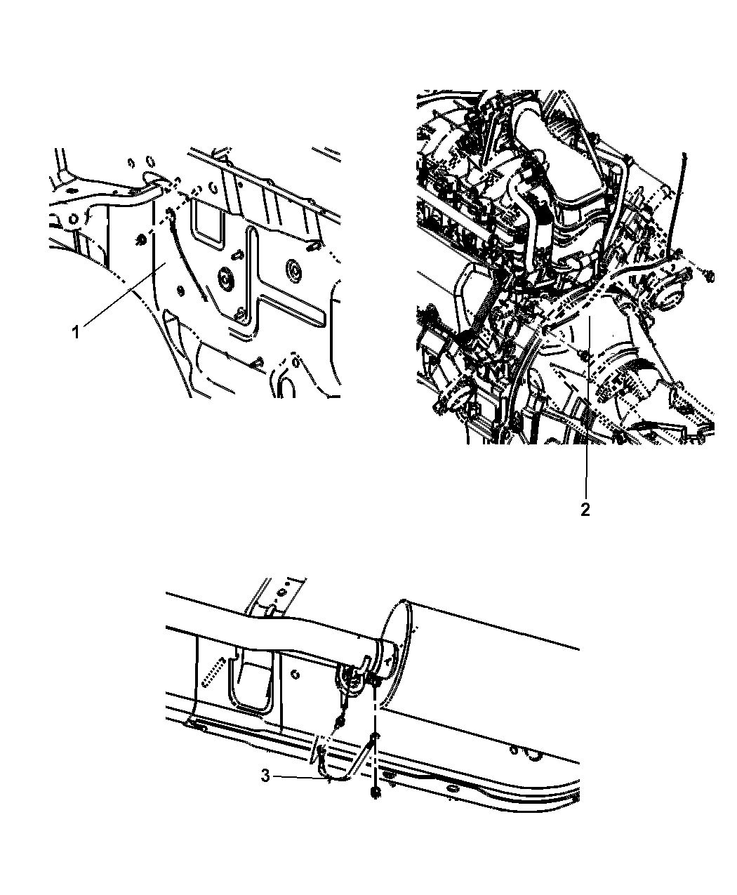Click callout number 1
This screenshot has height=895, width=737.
(x=76, y=332)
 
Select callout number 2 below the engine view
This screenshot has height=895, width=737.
(x=585, y=510)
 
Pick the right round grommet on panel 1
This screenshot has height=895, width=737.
(x=293, y=268)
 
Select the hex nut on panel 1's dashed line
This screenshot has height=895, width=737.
(x=140, y=240)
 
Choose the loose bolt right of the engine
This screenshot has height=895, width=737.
(x=708, y=276)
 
